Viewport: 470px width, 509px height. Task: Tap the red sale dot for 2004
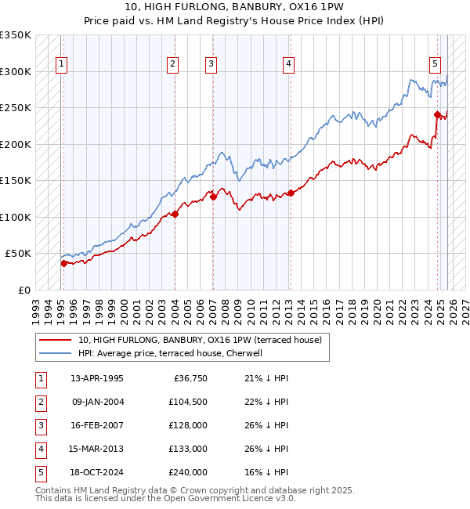point(175,213)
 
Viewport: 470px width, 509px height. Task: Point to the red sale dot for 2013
point(291,193)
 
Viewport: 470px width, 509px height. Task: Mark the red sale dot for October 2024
point(437,114)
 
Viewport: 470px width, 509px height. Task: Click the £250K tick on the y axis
point(16,108)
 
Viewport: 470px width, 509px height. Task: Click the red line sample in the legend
point(55,340)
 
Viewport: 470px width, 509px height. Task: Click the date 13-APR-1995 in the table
point(97,379)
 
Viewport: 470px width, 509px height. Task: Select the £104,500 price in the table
point(189,403)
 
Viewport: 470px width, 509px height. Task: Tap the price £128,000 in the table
point(189,425)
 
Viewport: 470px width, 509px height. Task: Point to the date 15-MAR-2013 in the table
point(97,449)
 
